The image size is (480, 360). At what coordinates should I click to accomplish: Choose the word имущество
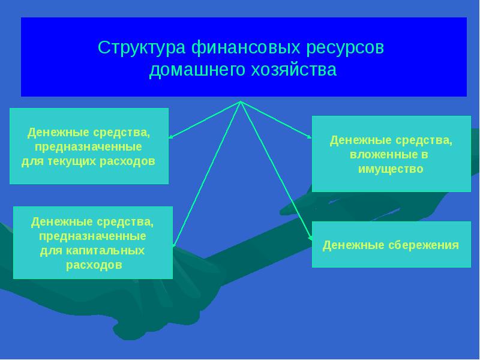pyautogui.click(x=391, y=169)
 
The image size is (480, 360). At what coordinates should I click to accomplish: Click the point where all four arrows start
pyautogui.click(x=241, y=101)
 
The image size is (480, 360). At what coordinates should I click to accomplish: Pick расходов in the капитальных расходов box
pyautogui.click(x=93, y=264)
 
